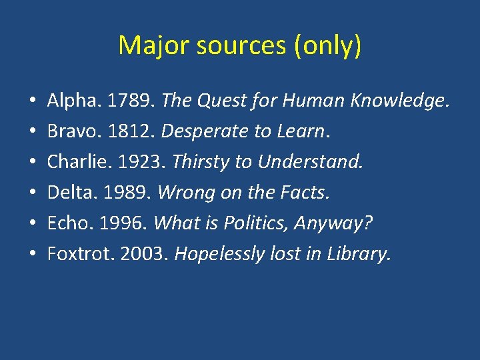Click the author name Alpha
point(67,101)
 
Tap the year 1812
point(127,131)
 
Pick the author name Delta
point(66,193)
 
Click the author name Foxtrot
point(75,254)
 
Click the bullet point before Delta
point(32,193)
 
